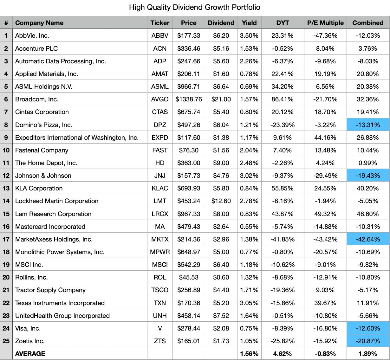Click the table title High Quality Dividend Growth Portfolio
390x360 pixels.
point(194,7)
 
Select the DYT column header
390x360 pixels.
point(283,23)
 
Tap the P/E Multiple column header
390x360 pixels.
point(325,23)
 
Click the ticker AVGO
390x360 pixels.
point(160,99)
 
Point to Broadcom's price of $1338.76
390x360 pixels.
point(189,99)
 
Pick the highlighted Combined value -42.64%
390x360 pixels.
point(368,239)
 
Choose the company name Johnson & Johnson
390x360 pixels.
point(43,176)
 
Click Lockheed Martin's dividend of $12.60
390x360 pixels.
point(221,201)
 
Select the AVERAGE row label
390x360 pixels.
point(30,354)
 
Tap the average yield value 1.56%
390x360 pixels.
point(249,354)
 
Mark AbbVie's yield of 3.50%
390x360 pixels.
point(249,35)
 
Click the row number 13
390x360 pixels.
point(6,188)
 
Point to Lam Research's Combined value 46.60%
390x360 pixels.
point(368,214)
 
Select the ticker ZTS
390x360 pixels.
point(160,341)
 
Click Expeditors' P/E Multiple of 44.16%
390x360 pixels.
point(325,138)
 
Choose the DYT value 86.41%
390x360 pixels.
point(283,99)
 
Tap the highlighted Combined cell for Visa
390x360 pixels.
point(368,328)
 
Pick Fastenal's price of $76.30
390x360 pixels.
point(189,150)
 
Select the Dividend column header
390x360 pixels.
point(221,23)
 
